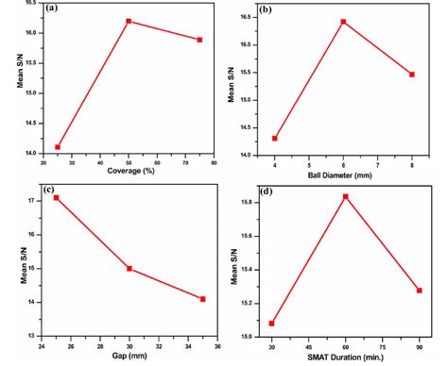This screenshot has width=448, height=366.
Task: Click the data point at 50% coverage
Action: (x=129, y=21)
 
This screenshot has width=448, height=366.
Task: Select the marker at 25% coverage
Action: (x=58, y=147)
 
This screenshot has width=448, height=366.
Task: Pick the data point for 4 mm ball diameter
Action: (x=275, y=139)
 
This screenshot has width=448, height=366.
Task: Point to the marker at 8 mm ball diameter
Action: (x=412, y=75)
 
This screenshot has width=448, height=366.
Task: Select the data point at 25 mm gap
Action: (x=57, y=197)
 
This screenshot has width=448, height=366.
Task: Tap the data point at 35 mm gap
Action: (x=202, y=299)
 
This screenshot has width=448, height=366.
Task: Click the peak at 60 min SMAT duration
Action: (x=346, y=196)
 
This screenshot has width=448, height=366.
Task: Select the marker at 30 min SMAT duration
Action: (x=273, y=324)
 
